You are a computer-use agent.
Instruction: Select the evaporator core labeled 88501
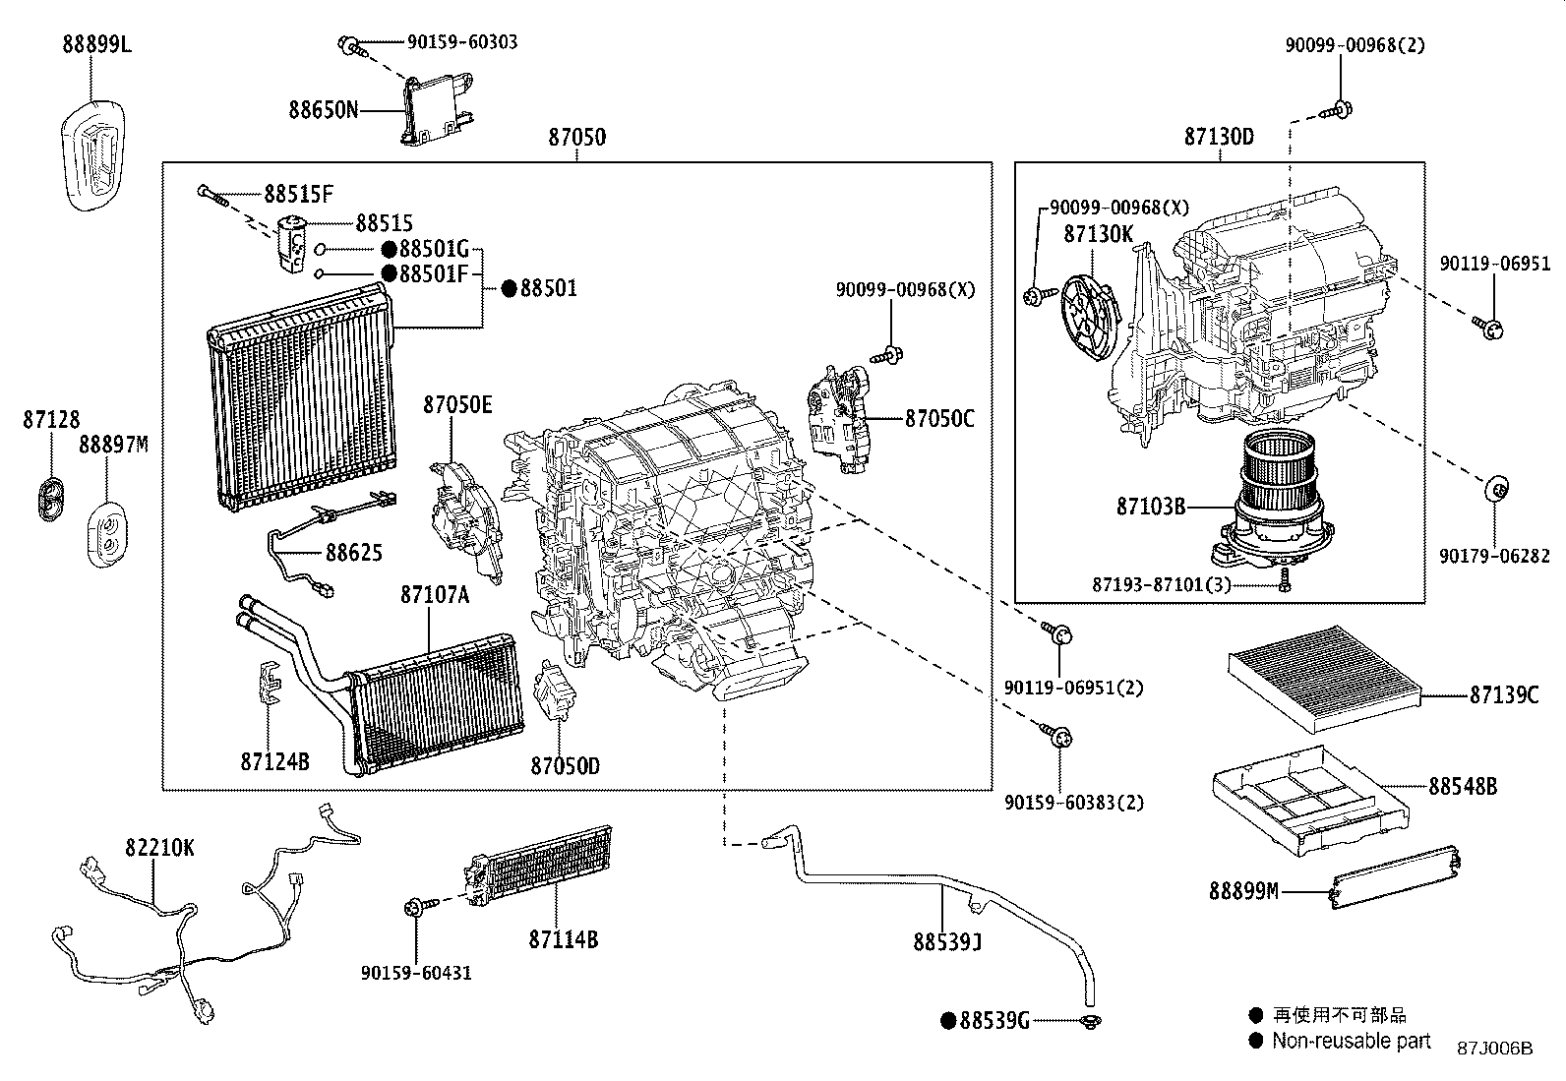[x=300, y=398]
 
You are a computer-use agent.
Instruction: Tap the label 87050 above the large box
[x=576, y=138]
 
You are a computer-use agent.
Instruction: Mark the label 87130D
[x=1219, y=138]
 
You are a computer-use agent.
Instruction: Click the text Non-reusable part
[x=1351, y=1041]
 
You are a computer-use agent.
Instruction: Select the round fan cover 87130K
[x=1089, y=310]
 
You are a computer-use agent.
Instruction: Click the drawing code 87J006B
[x=1494, y=1049]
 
